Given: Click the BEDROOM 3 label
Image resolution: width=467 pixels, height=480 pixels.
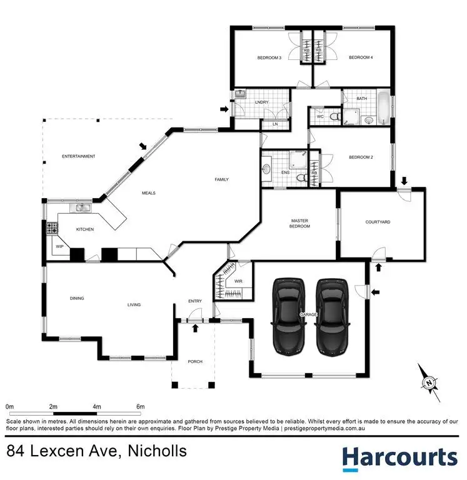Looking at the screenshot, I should coord(269,58).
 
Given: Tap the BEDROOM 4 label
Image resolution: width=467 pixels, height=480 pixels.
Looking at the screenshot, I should coord(361,58).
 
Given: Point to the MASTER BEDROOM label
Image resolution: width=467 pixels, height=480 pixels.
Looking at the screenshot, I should coord(300,223).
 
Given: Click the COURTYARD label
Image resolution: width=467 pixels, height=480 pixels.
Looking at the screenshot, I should coord(378,222).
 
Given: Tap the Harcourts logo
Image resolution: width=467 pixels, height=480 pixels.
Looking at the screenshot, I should coord(399,457).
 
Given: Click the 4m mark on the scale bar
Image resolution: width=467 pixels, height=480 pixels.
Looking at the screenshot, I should coord(97,407).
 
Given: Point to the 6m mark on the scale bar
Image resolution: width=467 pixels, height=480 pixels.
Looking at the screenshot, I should coord(141,407).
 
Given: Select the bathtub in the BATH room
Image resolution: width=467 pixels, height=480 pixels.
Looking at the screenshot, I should coord(382,109).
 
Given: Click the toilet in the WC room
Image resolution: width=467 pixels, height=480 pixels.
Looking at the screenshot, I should coord(334,116).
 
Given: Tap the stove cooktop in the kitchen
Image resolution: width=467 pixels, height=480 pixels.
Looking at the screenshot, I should coord(51,229).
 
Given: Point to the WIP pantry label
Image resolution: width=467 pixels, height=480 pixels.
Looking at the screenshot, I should coord(60,247).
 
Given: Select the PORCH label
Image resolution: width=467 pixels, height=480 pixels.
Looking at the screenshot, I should coord(195,362).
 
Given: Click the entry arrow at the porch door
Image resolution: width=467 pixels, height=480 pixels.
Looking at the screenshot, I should coord(196,328).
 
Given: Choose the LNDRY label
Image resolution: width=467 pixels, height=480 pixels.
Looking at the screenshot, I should coord(261,102).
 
